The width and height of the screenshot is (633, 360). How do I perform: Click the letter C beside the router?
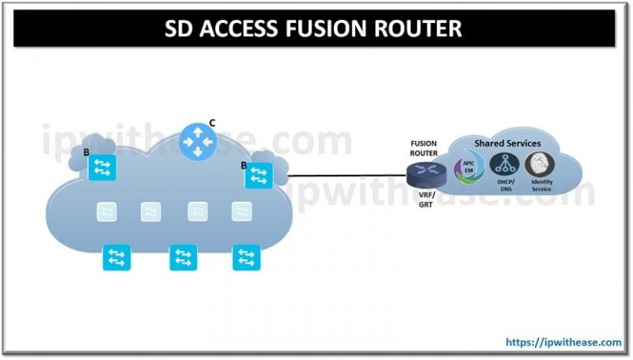click(212, 123)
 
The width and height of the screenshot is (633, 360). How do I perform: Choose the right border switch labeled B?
click(259, 175)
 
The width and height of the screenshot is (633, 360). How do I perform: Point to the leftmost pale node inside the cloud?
click(106, 212)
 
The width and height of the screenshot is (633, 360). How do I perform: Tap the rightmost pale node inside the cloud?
click(241, 212)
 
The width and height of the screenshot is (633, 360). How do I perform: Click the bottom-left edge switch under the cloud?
click(115, 257)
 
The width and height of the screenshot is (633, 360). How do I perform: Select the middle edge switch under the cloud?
click(183, 258)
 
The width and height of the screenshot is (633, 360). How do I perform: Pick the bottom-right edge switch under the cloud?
click(246, 257)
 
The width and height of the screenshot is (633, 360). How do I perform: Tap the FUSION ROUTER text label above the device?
click(424, 147)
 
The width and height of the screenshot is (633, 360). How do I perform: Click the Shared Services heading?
click(507, 143)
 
